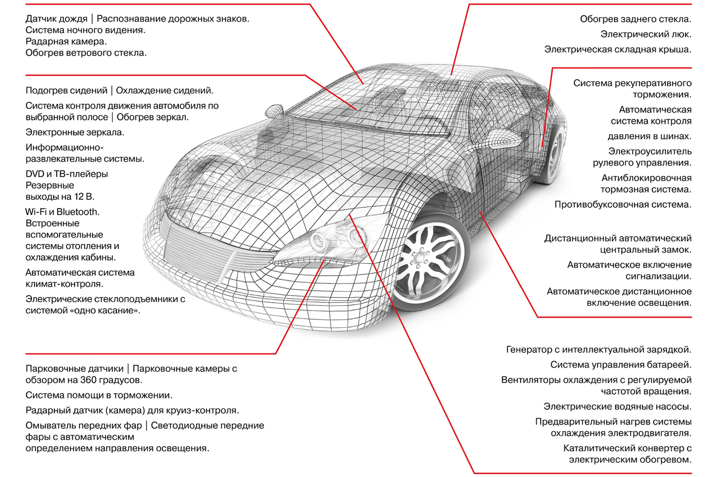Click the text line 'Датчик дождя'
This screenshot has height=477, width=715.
click(56, 19)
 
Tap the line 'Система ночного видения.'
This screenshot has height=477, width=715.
click(85, 30)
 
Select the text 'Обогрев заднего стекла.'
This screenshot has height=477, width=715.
click(636, 19)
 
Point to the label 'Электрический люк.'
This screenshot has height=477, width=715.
click(646, 34)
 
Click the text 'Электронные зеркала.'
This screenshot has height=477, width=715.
click(75, 132)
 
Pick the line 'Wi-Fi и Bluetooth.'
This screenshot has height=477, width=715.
click(63, 212)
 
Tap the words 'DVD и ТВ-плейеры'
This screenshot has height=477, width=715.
click(67, 174)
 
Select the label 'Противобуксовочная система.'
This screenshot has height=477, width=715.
click(623, 205)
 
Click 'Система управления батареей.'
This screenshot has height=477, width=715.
click(621, 365)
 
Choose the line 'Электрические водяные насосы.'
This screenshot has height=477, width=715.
click(617, 407)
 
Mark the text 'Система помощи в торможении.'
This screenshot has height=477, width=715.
click(99, 395)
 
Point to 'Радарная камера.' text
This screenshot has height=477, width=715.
click(66, 41)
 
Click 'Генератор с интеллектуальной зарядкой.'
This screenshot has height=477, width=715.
click(599, 350)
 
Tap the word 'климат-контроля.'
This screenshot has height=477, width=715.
click(64, 284)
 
